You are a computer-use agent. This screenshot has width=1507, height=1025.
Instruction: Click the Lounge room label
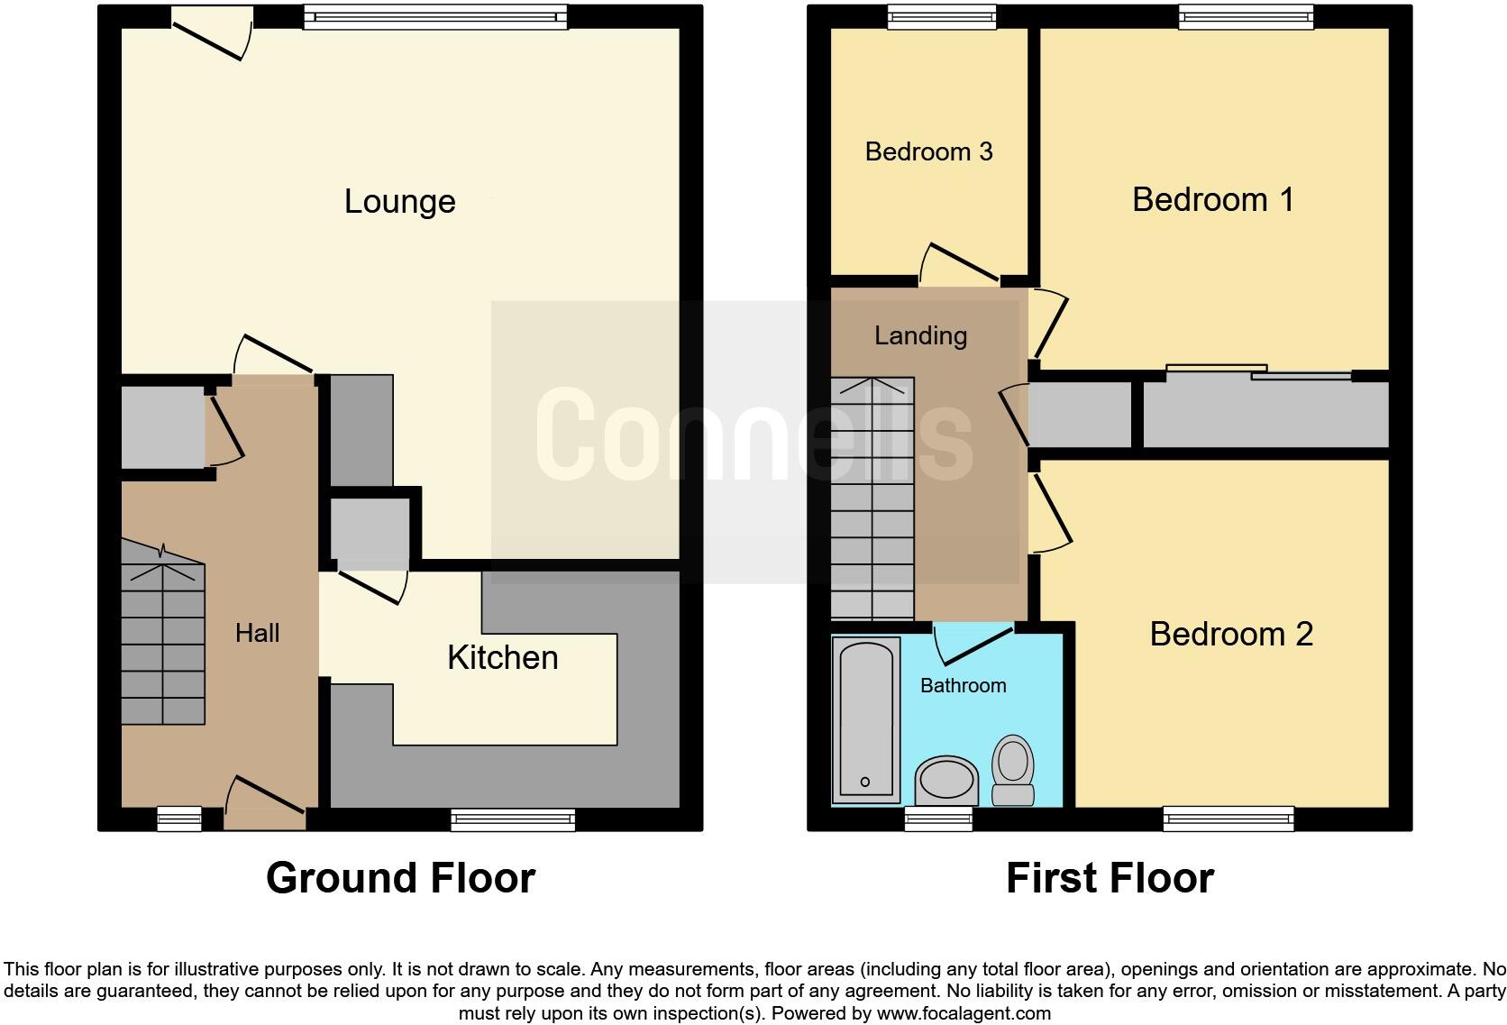coord(399,202)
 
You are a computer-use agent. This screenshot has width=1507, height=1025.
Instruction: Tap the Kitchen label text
coord(502,658)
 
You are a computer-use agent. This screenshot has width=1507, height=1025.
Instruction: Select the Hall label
coord(257,633)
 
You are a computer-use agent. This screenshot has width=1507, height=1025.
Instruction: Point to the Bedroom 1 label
coord(1212,199)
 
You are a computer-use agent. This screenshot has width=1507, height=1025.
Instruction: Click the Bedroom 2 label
coord(1230,635)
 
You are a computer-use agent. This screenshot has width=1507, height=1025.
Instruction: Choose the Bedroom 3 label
coord(928,151)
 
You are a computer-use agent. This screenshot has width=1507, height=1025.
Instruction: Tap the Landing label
coord(920,335)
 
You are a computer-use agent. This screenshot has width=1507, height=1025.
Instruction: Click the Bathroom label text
coord(963,685)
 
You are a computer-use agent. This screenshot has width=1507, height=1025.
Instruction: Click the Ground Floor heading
coord(400,877)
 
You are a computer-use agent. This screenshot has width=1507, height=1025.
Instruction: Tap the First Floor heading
coord(1110,877)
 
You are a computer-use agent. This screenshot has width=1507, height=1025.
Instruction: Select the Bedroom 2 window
coord(1228,819)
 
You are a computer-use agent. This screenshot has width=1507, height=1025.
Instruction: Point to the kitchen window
coord(513,819)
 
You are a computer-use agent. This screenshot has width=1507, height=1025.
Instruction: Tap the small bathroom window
coord(938,819)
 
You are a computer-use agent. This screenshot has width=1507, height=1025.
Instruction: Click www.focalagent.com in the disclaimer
coord(963,1013)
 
